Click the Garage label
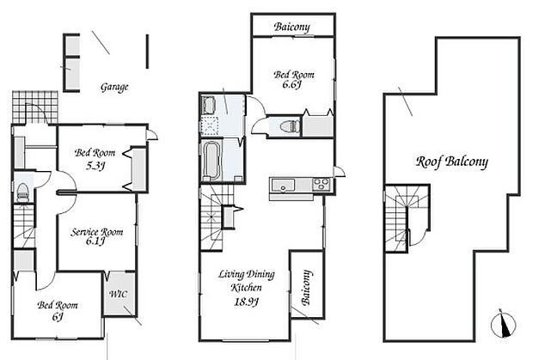(114, 88)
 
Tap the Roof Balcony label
(452, 162)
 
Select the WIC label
(119, 294)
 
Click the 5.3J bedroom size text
(95, 166)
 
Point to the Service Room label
(97, 232)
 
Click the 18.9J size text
(247, 302)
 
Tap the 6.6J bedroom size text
(292, 84)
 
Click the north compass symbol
(504, 323)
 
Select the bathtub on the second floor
(211, 160)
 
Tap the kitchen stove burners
(322, 185)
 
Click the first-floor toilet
(22, 192)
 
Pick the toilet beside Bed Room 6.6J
(290, 126)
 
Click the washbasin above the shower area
(208, 105)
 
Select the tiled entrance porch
(35, 107)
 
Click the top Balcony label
(292, 27)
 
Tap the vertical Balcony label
(306, 288)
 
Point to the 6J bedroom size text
(58, 316)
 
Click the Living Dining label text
(247, 274)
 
